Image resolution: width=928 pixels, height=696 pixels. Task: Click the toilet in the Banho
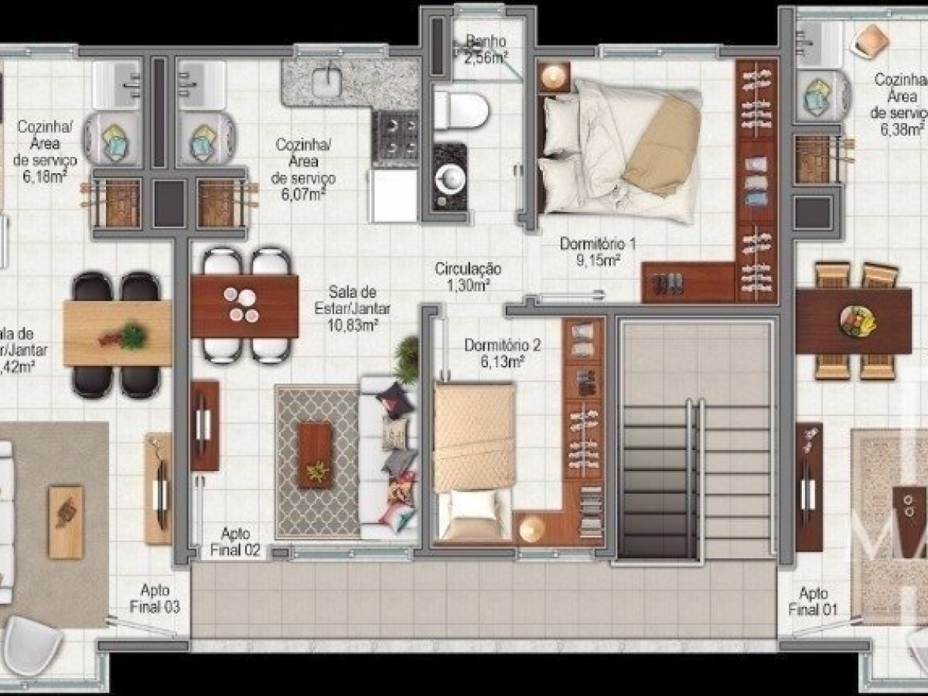pos(462,111)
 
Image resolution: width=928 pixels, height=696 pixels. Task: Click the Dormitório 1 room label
pos(598,244)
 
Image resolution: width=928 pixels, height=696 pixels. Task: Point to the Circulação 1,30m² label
pos(468,277)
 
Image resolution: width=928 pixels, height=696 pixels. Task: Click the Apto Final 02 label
pos(234,542)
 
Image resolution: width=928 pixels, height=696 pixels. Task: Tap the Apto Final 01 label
pos(813,601)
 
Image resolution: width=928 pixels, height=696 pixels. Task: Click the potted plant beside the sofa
pos(408,358)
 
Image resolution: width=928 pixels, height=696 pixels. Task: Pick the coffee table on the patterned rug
pos(316,455)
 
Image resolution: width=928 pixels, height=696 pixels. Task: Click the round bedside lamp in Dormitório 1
pos(554,77)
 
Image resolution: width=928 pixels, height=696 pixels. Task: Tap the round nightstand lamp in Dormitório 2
pos(532,528)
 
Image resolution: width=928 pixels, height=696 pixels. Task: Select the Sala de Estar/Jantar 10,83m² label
pos(353,309)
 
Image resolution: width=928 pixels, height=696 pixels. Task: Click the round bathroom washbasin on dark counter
pos(451,177)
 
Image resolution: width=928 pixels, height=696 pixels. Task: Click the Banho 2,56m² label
pos(486,48)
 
